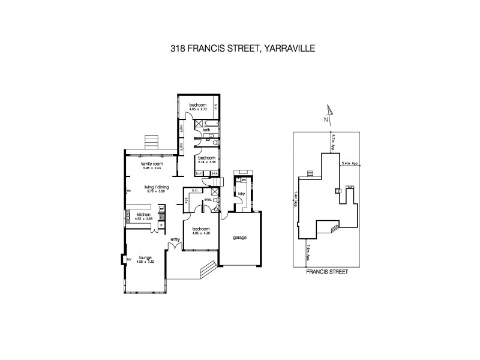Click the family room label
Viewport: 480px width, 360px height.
coord(152,163)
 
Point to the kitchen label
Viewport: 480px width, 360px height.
coord(143,215)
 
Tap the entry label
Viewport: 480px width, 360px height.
coord(175,240)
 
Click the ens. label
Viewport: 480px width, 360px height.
coord(207,199)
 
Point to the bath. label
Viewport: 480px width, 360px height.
coord(206,130)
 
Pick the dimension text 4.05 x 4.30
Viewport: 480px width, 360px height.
coord(200,233)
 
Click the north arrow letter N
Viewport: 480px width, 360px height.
coord(325,119)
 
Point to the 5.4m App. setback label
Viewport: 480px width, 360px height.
coord(350,163)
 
